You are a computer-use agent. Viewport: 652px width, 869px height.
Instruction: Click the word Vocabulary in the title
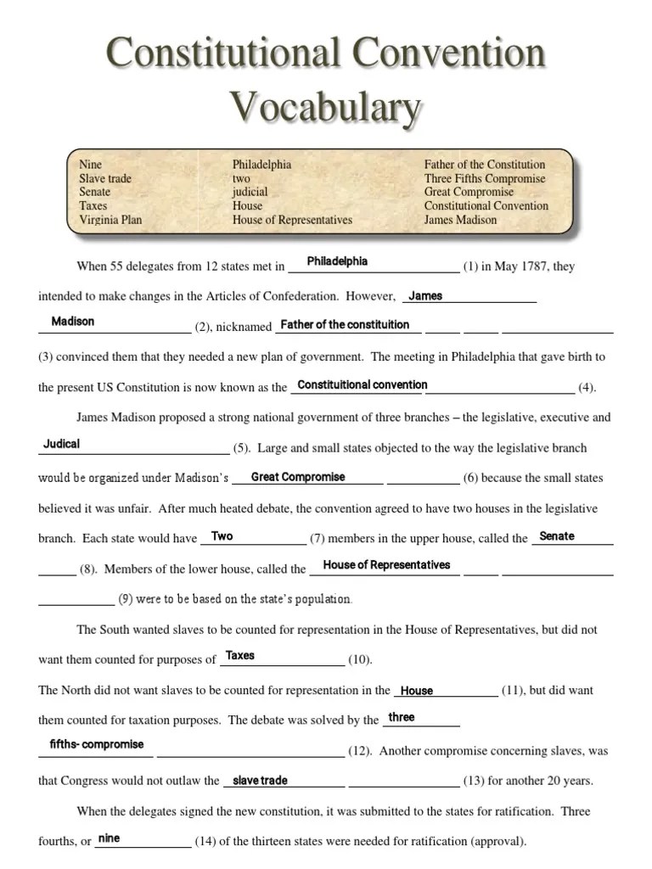[326, 107]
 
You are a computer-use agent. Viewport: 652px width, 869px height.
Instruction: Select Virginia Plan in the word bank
[110, 220]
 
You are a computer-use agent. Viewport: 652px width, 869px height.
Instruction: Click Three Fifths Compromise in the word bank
[485, 179]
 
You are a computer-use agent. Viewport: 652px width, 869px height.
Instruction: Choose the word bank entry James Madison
[460, 220]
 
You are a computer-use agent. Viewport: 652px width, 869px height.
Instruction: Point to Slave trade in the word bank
[105, 179]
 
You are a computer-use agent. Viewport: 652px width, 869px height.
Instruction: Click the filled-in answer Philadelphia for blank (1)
[337, 261]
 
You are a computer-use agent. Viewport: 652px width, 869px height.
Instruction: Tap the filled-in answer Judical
[61, 444]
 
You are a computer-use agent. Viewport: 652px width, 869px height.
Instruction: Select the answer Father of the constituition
[345, 325]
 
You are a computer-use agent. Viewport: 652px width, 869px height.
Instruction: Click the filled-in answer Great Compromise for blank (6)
[298, 477]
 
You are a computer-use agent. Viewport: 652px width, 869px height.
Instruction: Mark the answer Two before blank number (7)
[222, 536]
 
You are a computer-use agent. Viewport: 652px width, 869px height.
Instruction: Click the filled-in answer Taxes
[240, 655]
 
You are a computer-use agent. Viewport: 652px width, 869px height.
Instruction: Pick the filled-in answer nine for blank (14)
[109, 838]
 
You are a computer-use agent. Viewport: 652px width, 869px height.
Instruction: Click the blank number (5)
[241, 448]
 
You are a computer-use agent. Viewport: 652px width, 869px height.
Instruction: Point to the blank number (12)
[360, 751]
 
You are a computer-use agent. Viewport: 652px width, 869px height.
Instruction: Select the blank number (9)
[126, 599]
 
